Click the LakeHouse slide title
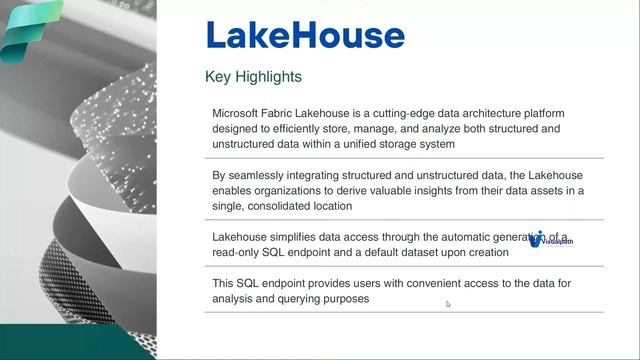coord(305,35)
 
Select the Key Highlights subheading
coord(253,76)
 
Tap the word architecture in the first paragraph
coord(471,113)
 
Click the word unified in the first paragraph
coord(358,144)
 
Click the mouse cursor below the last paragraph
coord(448,304)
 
